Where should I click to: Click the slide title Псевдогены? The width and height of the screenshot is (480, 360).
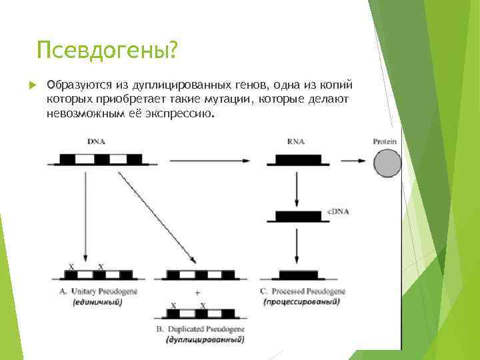107,50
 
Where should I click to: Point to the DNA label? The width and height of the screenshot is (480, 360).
96,141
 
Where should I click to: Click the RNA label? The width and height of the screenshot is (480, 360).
296,141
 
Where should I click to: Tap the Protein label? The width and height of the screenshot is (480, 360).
385,141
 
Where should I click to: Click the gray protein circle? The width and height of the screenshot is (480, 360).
387,162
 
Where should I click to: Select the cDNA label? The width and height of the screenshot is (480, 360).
338,211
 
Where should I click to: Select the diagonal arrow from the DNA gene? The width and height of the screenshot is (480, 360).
157,217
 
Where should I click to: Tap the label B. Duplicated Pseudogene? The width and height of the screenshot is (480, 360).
199,329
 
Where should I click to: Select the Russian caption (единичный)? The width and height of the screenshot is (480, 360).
97,302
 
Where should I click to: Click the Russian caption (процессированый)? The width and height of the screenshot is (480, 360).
301,302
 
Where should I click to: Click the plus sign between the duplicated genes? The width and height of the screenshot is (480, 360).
197,293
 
